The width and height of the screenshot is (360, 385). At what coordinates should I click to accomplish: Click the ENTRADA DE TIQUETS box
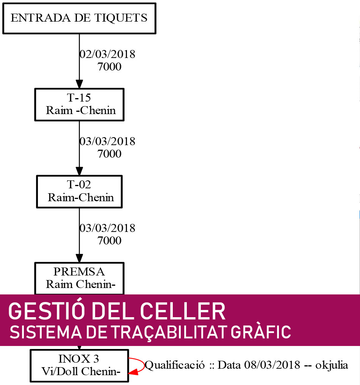pyautogui.click(x=79, y=19)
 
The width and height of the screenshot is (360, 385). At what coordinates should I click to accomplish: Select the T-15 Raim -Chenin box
pyautogui.click(x=79, y=105)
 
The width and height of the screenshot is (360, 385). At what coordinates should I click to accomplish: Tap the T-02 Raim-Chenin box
pyautogui.click(x=79, y=191)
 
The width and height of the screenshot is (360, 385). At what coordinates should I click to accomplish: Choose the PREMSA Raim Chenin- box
pyautogui.click(x=79, y=278)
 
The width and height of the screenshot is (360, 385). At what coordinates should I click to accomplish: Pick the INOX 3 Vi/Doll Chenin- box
pyautogui.click(x=79, y=366)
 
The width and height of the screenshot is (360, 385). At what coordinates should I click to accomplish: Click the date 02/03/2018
pyautogui.click(x=107, y=54)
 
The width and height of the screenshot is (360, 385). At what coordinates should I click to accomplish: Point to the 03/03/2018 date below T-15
pyautogui.click(x=107, y=141)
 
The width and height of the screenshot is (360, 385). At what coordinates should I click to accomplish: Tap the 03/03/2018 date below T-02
pyautogui.click(x=107, y=228)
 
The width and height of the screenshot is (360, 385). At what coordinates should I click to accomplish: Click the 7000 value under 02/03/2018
pyautogui.click(x=109, y=67)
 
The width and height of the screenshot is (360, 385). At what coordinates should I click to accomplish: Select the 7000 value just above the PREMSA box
pyautogui.click(x=109, y=241)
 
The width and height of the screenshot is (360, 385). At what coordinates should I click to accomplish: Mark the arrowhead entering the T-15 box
pyautogui.click(x=79, y=84)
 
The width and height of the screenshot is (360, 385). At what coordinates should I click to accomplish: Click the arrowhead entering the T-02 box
pyautogui.click(x=79, y=171)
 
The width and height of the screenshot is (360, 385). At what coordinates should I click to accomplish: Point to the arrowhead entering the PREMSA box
pyautogui.click(x=79, y=258)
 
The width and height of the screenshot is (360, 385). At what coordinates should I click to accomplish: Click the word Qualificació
pyautogui.click(x=175, y=365)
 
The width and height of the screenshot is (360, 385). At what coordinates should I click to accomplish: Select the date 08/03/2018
pyautogui.click(x=272, y=365)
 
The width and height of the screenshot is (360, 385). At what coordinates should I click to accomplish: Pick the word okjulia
pyautogui.click(x=332, y=366)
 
